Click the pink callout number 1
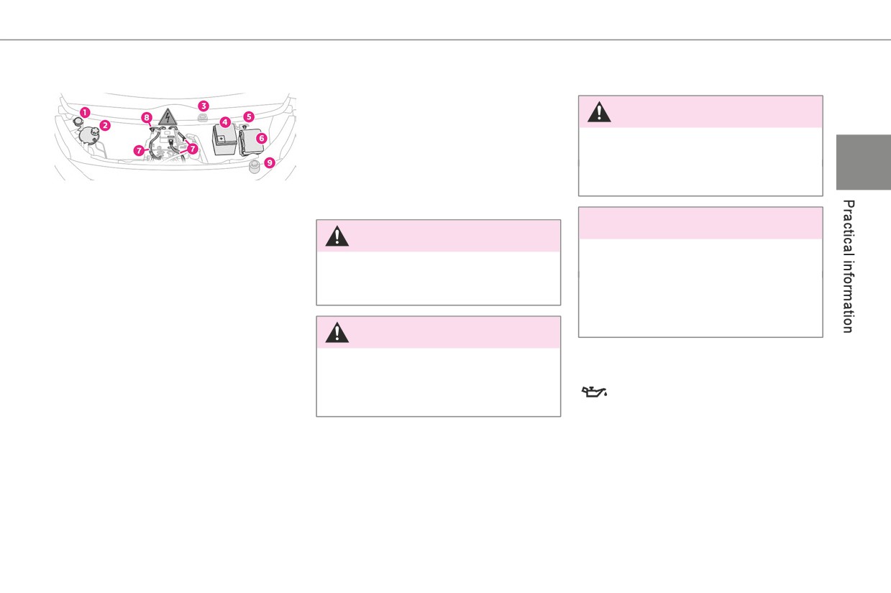coord(85,112)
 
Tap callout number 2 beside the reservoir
coord(104,126)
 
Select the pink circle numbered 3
coord(204,106)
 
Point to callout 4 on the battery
coord(225,122)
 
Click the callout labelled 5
coord(249,117)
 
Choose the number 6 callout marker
coord(261,138)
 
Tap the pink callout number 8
coord(147,118)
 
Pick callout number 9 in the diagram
coord(270,162)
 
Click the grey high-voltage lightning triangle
coord(168,118)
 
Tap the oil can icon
coord(594,392)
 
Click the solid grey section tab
coord(864,162)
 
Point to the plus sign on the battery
coord(221,139)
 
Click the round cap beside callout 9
coord(254,166)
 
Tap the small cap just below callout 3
coord(203,117)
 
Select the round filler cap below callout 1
coord(78,121)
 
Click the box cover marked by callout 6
coord(252,142)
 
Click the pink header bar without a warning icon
coord(700,223)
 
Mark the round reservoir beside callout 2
coord(89,134)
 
